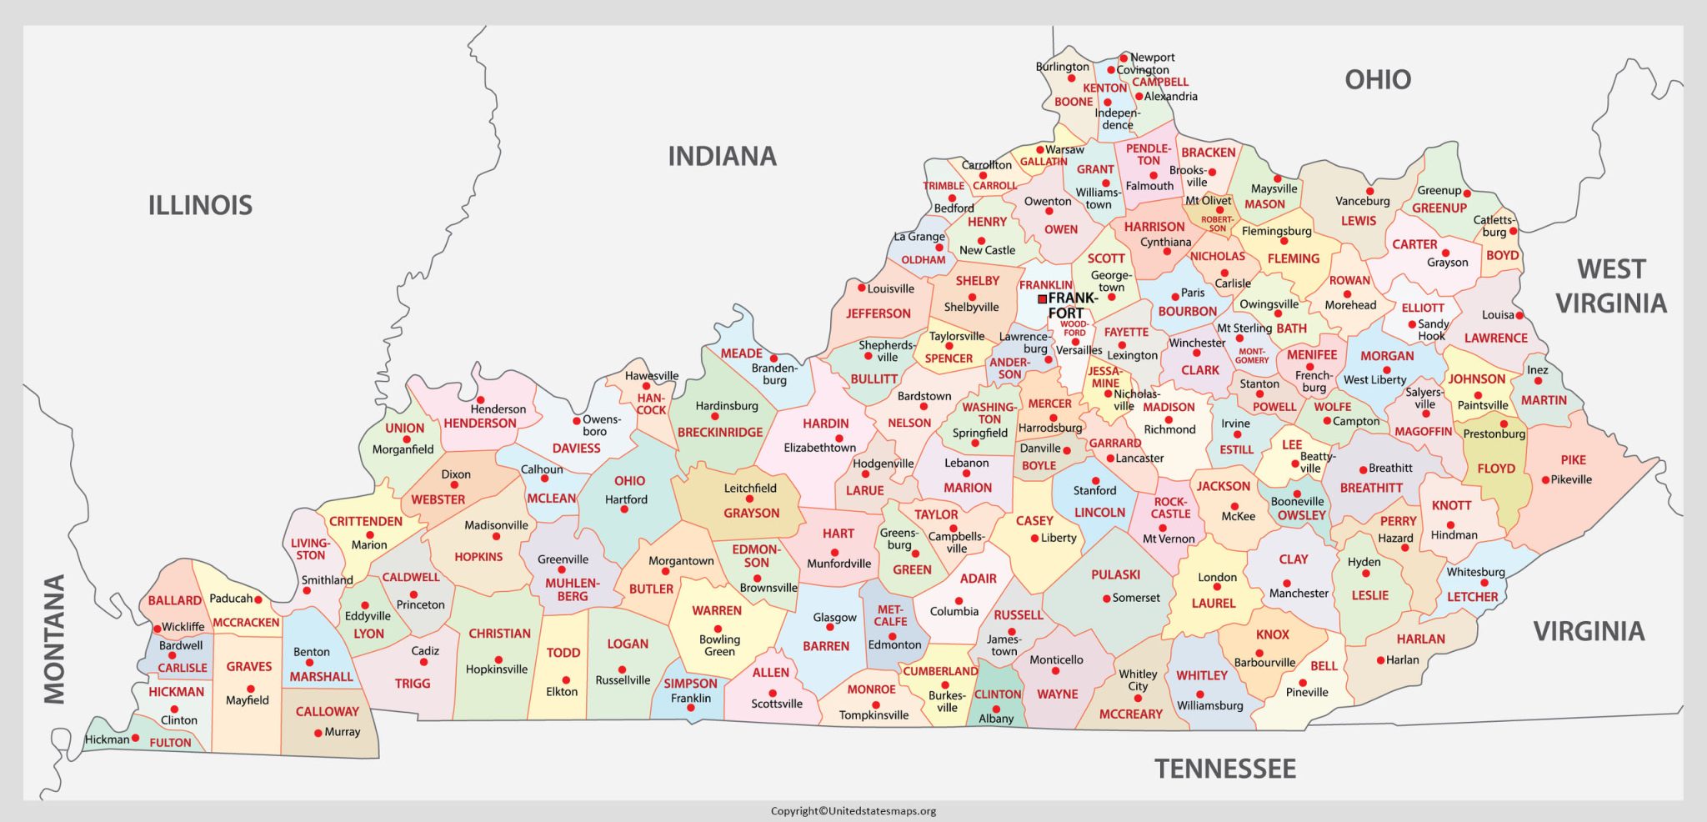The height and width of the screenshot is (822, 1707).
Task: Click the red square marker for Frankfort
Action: (x=1042, y=298)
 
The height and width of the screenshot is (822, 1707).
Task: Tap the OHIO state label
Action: (x=1378, y=80)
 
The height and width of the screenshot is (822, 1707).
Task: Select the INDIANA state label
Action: (x=722, y=156)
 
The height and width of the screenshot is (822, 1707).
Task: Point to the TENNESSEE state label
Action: (x=1224, y=768)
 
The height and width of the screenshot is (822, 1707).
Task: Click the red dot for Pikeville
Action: (x=1545, y=479)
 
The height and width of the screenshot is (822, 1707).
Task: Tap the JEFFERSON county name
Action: (x=878, y=313)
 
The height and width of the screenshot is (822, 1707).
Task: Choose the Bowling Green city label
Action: (x=718, y=645)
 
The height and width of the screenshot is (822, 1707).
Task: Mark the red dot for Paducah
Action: (x=258, y=599)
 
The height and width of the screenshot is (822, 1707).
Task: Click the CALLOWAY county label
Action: (x=327, y=711)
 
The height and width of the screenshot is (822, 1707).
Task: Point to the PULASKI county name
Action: (x=1115, y=574)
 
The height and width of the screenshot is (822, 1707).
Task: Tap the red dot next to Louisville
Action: (x=861, y=288)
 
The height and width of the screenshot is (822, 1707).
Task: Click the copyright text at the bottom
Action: (x=853, y=810)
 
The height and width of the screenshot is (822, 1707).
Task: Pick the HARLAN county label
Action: (x=1420, y=639)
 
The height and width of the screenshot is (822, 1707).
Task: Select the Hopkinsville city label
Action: (x=497, y=669)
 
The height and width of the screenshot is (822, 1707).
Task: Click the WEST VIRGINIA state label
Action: (x=1610, y=286)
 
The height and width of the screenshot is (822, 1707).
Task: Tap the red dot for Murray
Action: (x=318, y=733)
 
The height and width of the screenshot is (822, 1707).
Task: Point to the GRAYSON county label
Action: (x=751, y=513)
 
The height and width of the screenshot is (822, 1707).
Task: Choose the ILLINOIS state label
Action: (x=200, y=205)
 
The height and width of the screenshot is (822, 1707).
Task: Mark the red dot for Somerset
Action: (x=1105, y=599)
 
